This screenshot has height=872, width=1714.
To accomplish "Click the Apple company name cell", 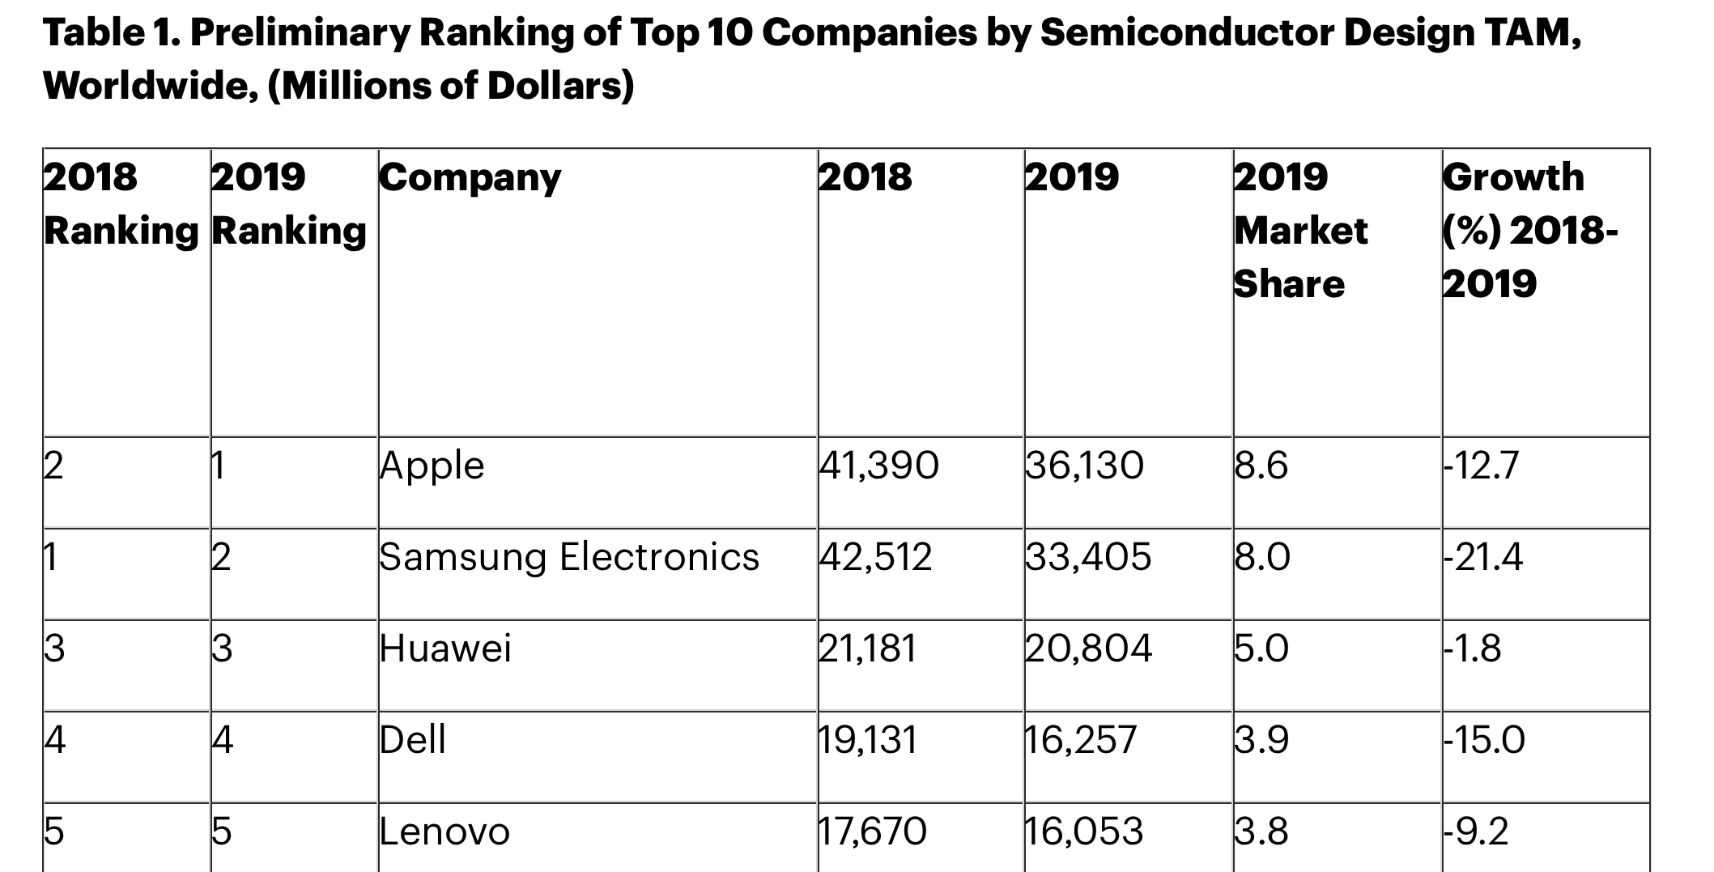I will [432, 466].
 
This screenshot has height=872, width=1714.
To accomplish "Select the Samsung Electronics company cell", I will [569, 558].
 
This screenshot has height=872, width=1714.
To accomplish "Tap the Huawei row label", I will [445, 649].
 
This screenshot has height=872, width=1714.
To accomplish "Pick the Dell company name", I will [413, 741].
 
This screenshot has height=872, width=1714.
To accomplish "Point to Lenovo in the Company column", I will [444, 832].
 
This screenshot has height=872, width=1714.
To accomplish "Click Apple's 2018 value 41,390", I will [878, 466].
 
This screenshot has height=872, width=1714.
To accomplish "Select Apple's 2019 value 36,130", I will [1084, 466].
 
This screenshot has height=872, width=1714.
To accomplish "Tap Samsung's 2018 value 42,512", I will [875, 558].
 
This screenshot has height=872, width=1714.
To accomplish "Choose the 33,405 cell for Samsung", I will [1088, 558].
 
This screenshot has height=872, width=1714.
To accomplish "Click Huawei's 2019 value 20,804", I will [1088, 649].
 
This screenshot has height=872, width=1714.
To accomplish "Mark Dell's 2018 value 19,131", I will [868, 741].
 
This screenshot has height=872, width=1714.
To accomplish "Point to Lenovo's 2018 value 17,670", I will [872, 832].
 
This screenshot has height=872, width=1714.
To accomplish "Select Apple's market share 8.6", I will [1261, 466].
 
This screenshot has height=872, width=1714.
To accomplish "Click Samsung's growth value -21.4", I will [1483, 558].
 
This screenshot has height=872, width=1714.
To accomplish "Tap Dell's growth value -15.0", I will [1484, 741].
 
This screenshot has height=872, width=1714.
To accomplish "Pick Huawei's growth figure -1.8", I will [1473, 649].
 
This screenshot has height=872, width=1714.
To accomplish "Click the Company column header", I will [470, 178].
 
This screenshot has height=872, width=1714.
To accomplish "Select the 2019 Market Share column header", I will [1300, 231].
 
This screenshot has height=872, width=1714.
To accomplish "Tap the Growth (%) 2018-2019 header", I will [1529, 231].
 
